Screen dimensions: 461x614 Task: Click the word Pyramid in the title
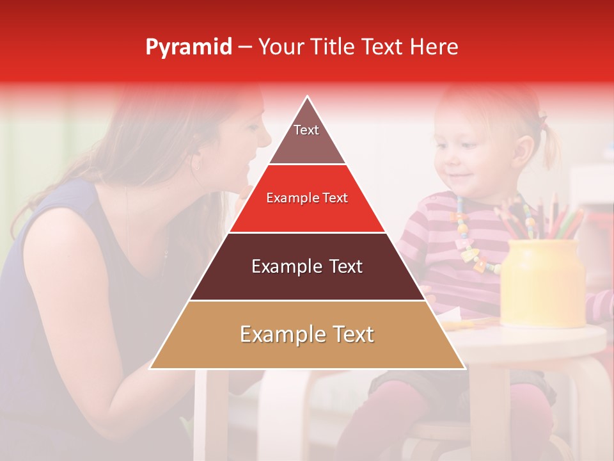(188, 47)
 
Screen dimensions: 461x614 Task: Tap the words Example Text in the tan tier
(307, 334)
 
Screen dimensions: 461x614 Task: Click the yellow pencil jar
(542, 282)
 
